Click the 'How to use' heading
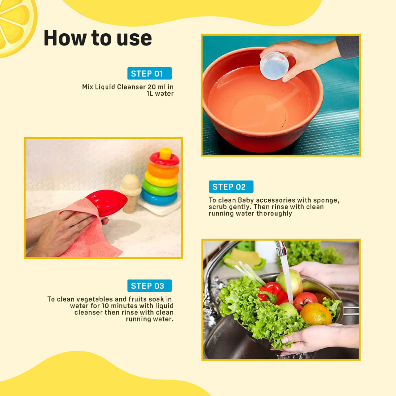pos(98,38)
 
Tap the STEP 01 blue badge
pos(149,73)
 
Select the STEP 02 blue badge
pos(231,186)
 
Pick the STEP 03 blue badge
pos(149,286)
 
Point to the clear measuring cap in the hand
pos(274,65)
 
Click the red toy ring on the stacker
pos(164,159)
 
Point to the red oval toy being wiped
pos(107,203)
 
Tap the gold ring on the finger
pos(76,228)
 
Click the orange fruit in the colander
pos(316,314)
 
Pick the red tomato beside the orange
pos(305,301)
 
